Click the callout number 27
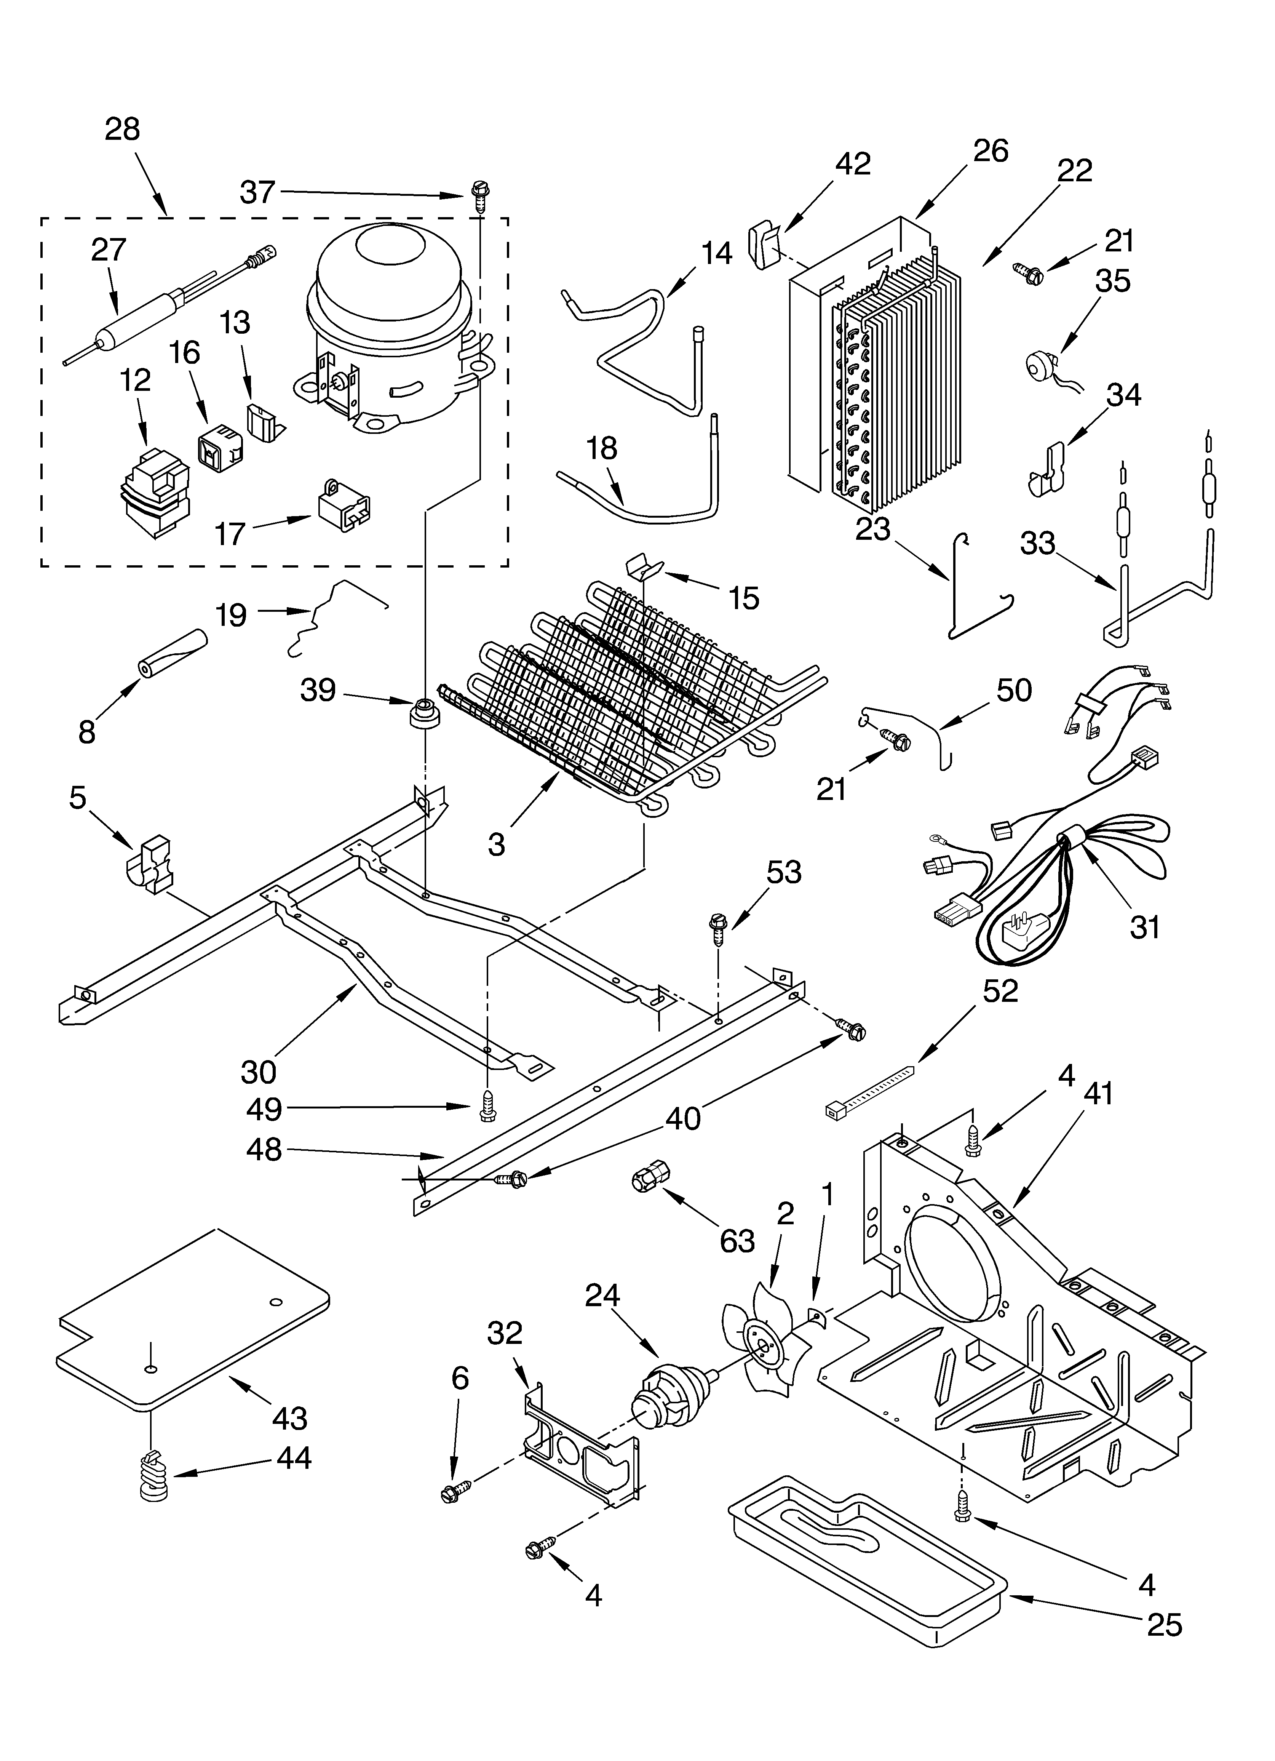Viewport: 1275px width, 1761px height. click(x=108, y=250)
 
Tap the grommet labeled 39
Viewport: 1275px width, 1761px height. click(x=425, y=712)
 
